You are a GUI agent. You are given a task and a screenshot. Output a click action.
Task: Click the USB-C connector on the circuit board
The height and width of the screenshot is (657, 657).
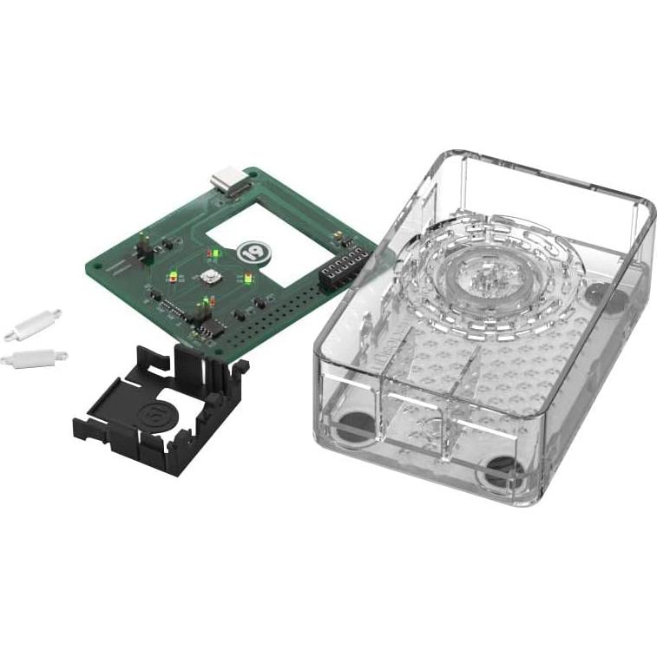coord(227,183)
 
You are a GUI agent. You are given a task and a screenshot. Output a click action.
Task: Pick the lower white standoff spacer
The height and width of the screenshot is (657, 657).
coord(34,356)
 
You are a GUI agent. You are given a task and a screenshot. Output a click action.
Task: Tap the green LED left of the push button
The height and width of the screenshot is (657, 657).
coord(175,278)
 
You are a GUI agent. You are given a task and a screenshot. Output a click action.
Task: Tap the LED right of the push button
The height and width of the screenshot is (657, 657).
coord(248,279)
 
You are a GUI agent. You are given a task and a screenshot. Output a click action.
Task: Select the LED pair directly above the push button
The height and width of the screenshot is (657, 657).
coord(210,254)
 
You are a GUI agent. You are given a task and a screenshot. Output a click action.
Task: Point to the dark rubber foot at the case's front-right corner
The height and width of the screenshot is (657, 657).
coord(504,474)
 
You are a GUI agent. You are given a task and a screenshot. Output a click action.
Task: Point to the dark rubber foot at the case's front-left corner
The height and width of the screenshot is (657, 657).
coord(353,427)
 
